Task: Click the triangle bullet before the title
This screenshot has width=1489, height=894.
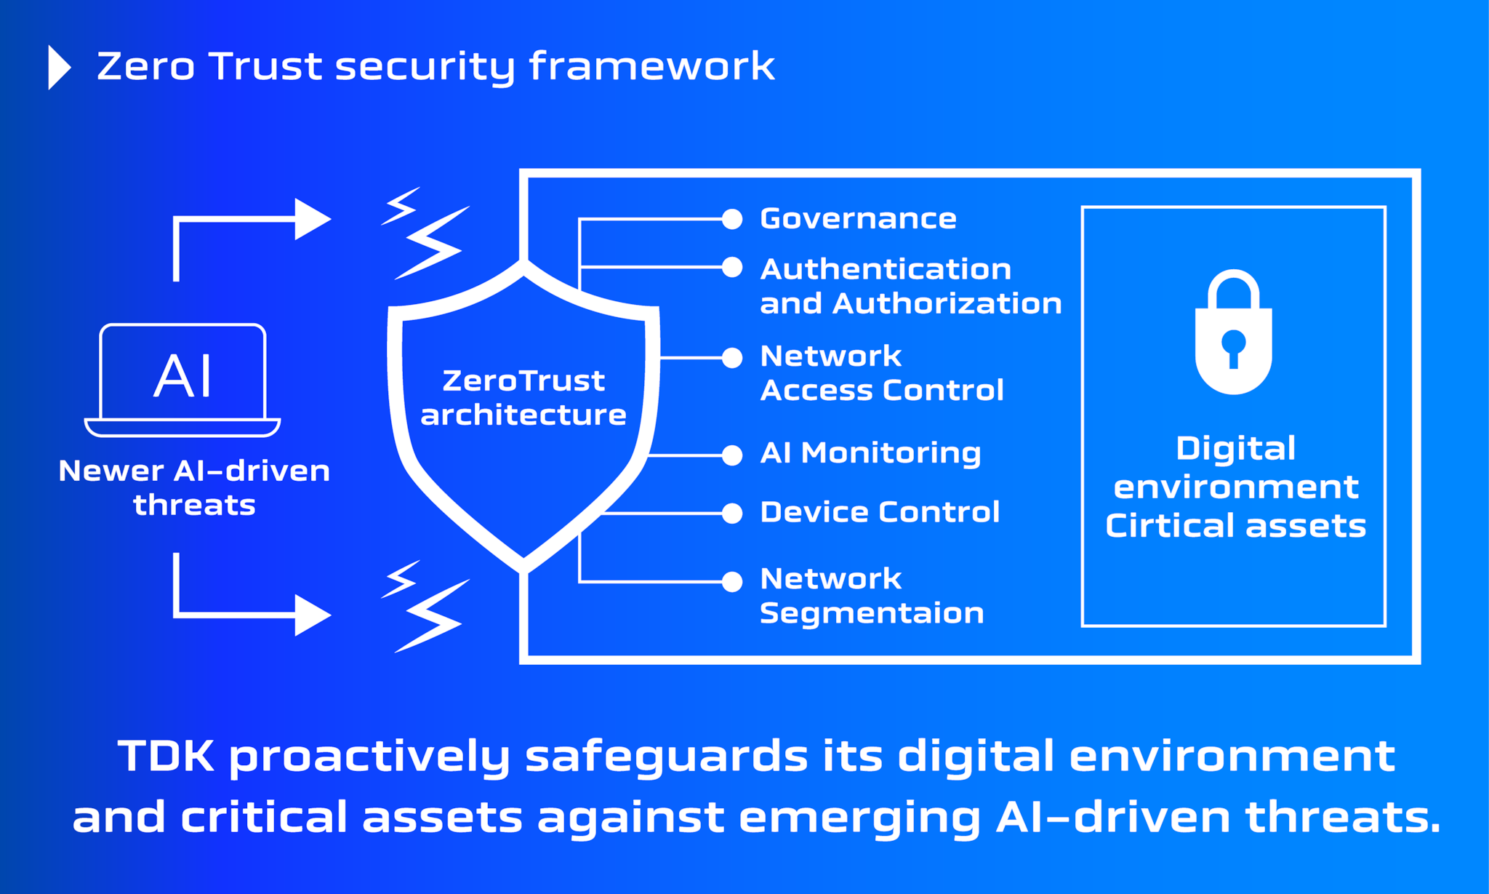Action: (x=58, y=68)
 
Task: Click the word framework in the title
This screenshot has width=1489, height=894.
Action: (x=651, y=67)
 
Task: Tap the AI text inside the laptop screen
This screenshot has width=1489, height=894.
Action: (x=183, y=376)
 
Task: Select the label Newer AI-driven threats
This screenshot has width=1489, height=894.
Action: (x=194, y=487)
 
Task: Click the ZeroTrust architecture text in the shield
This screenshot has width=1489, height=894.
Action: (x=523, y=398)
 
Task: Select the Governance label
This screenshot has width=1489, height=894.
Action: (x=858, y=219)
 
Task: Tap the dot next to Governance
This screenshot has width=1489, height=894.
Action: (x=732, y=219)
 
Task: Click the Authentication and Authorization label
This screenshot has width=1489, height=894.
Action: (x=910, y=287)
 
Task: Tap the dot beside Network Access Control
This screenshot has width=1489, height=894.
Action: (x=732, y=358)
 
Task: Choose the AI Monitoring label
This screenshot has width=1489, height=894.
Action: (x=870, y=453)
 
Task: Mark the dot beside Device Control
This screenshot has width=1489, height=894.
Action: (x=732, y=514)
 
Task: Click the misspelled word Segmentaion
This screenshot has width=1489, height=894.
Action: (x=871, y=613)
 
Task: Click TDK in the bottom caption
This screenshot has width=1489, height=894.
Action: (x=166, y=756)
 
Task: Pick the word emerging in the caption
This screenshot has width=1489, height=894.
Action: (x=860, y=817)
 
